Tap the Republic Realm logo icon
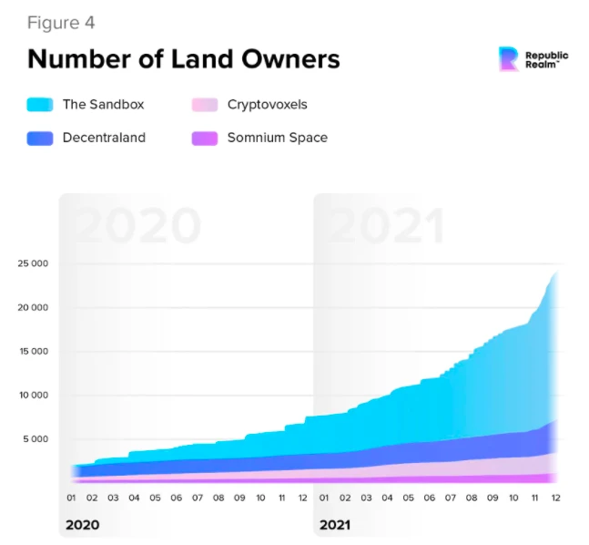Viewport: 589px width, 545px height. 510,59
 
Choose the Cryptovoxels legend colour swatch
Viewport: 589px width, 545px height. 205,105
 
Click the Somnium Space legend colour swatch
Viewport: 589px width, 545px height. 205,139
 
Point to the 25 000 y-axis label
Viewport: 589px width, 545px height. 32,264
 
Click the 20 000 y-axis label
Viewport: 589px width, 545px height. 32,308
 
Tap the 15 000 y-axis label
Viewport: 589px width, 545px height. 32,352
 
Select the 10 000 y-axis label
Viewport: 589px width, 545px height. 32,396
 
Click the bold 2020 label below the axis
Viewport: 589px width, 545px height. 83,526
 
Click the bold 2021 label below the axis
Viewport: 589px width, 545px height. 334,526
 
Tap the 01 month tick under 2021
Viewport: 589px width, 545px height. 324,499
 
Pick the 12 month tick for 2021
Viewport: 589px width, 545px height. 555,499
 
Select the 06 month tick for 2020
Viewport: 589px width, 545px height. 177,499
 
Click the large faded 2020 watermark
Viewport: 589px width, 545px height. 137,226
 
